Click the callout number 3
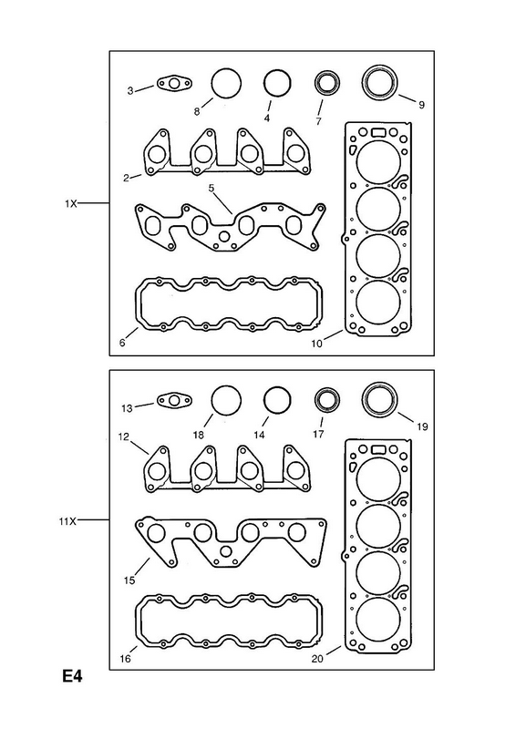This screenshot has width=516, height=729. click(130, 90)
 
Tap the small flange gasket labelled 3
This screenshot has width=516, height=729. click(174, 84)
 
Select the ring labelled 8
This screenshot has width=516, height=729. click(226, 84)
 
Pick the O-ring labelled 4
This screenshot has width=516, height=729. click(277, 84)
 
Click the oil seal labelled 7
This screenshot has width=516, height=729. click(327, 84)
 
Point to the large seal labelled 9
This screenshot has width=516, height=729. click(380, 83)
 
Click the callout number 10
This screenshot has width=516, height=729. click(317, 344)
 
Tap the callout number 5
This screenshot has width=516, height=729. click(212, 189)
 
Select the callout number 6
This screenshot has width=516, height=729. click(122, 344)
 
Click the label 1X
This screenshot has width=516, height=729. click(71, 203)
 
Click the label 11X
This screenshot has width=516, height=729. click(67, 521)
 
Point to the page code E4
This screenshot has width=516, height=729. click(72, 676)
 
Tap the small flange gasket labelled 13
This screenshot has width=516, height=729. click(174, 401)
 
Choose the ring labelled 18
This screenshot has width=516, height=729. click(226, 401)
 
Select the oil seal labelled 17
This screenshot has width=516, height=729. click(327, 401)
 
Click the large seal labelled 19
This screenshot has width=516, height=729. click(380, 400)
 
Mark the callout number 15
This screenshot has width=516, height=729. click(129, 580)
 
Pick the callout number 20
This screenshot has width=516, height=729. click(317, 658)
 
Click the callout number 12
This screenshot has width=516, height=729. click(123, 436)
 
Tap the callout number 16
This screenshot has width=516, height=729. click(125, 658)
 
